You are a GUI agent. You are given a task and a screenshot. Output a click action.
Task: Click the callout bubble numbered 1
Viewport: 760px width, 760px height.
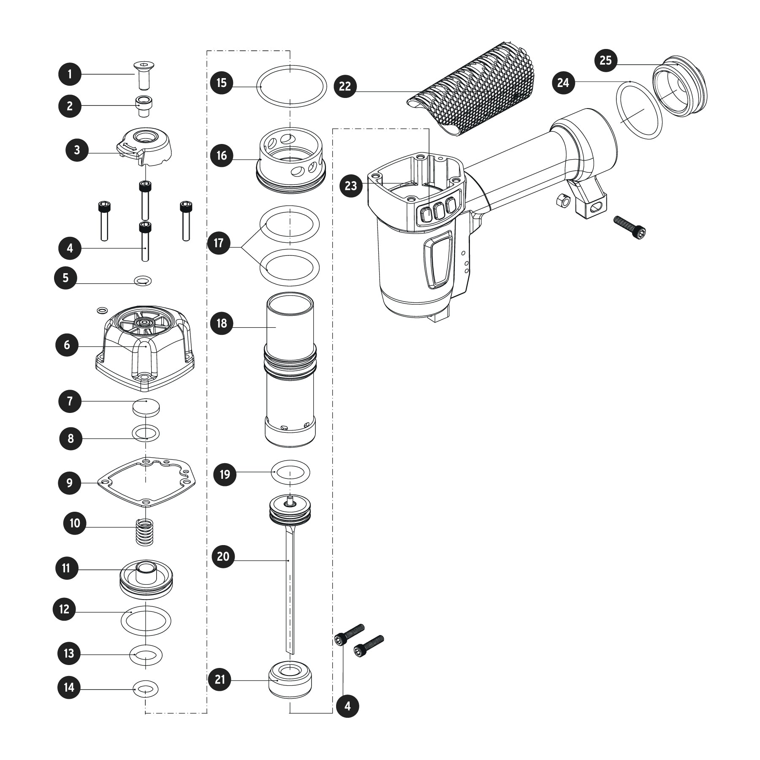[x=70, y=75]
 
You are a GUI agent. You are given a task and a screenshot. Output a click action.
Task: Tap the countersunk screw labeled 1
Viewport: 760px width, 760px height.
[x=144, y=75]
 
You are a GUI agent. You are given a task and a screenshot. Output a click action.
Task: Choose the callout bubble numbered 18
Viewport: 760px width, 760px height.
[x=222, y=323]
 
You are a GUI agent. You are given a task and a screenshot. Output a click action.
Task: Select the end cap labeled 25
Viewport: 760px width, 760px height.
[x=680, y=86]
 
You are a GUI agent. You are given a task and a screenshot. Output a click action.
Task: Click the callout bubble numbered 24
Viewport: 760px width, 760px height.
[x=563, y=82]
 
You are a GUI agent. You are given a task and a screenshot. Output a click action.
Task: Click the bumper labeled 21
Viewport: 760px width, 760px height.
[x=290, y=679]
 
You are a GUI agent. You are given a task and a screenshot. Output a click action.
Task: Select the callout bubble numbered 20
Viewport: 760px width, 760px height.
[x=223, y=556]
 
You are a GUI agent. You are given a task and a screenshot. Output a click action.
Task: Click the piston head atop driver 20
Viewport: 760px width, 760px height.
[x=290, y=509]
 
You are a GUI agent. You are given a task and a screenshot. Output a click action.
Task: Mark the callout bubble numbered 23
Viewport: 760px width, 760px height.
[x=351, y=185]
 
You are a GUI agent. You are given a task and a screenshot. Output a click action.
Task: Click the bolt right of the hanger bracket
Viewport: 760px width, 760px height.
[x=630, y=228]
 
